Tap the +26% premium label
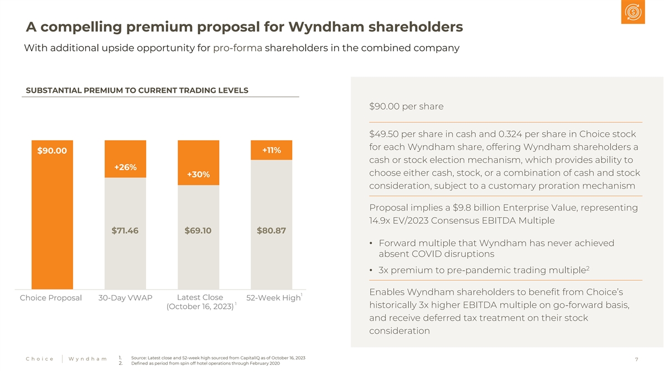coord(125,167)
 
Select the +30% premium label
coord(198,175)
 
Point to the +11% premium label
coord(271,150)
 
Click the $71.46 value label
coord(125,230)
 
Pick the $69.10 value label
coord(198,230)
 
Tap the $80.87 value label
coord(271,230)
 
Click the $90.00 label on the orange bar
coord(52,151)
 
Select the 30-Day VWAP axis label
coord(125,298)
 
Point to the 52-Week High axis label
coord(273,298)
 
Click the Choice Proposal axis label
coord(51,298)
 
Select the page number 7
coord(637,360)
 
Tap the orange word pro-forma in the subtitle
coord(237,48)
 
